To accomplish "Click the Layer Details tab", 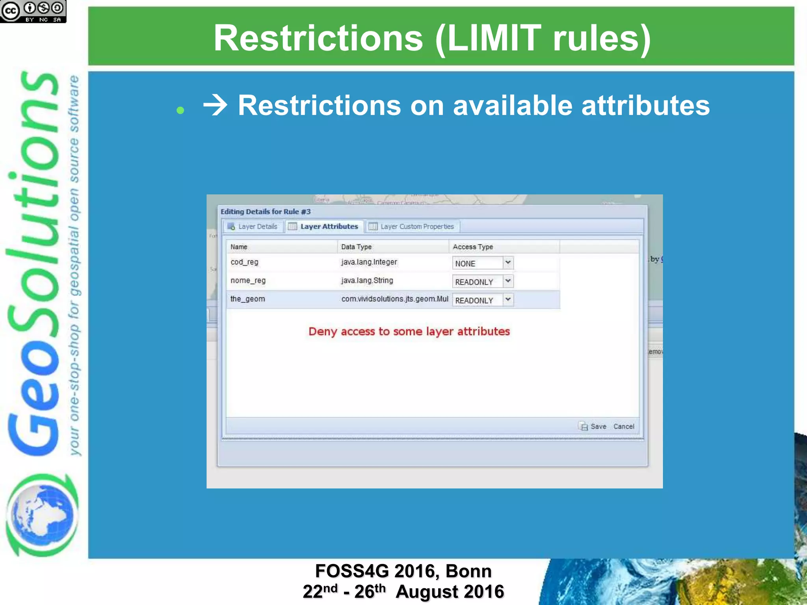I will click(253, 226).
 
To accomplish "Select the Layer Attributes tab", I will click(324, 226).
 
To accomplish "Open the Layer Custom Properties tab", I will click(412, 226).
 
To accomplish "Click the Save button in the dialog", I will click(593, 427).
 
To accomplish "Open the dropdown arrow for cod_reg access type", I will click(508, 263).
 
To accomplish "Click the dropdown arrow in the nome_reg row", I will click(508, 281).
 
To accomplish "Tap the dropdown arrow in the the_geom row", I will click(508, 300).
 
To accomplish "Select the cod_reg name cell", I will click(245, 262).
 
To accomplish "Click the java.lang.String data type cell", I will click(367, 281).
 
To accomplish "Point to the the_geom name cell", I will click(248, 299).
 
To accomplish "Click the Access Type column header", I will click(473, 247).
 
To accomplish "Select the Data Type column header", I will click(356, 247).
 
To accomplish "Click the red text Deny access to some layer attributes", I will click(409, 332).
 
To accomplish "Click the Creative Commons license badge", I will click(33, 11).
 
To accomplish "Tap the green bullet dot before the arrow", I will click(180, 110).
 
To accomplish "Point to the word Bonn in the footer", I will click(469, 571).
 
